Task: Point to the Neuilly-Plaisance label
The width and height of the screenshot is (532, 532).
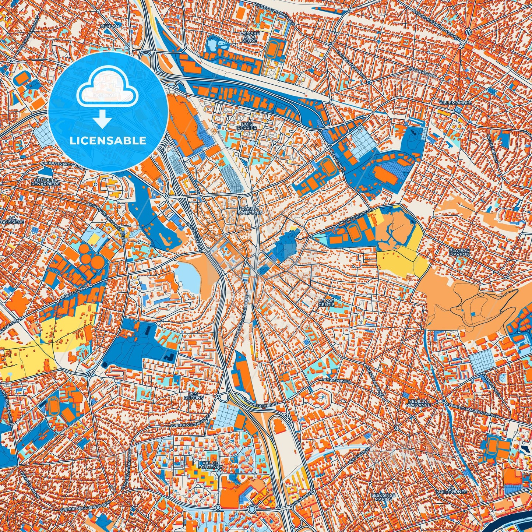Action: coord(418,402)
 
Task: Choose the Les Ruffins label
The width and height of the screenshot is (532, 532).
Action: coord(194,396)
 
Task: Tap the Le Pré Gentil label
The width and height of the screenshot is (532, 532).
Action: coord(326,303)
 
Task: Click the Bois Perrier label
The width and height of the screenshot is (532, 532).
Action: coord(247,126)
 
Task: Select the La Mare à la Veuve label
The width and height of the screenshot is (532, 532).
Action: coord(250,37)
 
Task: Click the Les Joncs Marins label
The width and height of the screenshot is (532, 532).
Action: coord(383,497)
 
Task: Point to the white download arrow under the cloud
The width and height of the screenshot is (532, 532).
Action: coord(103,120)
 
